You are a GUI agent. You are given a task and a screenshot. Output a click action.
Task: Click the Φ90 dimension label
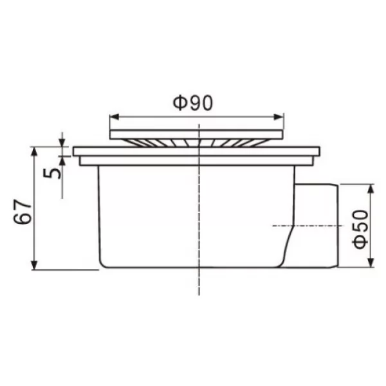192,103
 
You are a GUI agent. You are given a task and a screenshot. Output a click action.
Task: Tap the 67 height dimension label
23,212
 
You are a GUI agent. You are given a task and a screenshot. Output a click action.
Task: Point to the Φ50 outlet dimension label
361,230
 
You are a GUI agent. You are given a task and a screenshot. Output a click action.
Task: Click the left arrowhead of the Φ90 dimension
115,117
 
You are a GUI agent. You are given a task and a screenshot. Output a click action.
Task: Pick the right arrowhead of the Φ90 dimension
279,117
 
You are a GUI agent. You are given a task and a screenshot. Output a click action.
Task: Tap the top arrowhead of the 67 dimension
35,151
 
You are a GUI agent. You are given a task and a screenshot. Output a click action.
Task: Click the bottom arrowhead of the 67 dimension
35,265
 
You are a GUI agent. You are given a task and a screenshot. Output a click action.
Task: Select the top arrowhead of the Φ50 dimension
371,188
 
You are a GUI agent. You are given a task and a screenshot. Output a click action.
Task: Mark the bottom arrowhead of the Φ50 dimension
371,262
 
